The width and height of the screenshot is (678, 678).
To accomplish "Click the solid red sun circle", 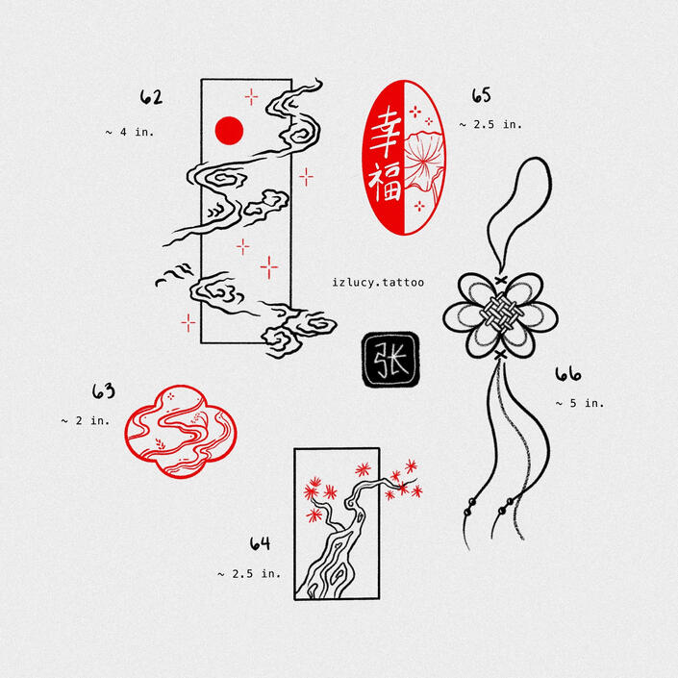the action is [x=229, y=131].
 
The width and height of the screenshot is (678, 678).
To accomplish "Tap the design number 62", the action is [x=151, y=97].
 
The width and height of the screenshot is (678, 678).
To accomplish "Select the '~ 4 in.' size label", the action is [x=130, y=132].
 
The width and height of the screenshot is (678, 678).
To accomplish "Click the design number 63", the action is [x=104, y=390].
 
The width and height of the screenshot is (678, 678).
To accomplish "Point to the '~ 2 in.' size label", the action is [x=86, y=420].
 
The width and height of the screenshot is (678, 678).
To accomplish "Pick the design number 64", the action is [x=261, y=543].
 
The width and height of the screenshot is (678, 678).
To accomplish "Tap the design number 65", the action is [x=481, y=95].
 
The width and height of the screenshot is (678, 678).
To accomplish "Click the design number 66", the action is [x=567, y=374].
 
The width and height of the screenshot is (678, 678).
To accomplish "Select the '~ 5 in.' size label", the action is [x=580, y=403].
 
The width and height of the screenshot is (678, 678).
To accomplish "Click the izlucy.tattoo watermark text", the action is [x=378, y=283].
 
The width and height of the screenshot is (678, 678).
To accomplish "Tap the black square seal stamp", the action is [x=390, y=359].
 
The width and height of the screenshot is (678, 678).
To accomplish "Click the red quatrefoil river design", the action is [x=181, y=432].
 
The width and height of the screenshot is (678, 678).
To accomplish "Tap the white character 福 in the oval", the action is [x=385, y=183].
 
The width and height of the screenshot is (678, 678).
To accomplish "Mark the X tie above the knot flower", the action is [x=501, y=280].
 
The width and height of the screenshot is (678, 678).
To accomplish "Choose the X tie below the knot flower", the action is [x=500, y=355].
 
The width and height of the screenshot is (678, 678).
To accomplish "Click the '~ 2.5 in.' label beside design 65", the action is [x=490, y=124].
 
